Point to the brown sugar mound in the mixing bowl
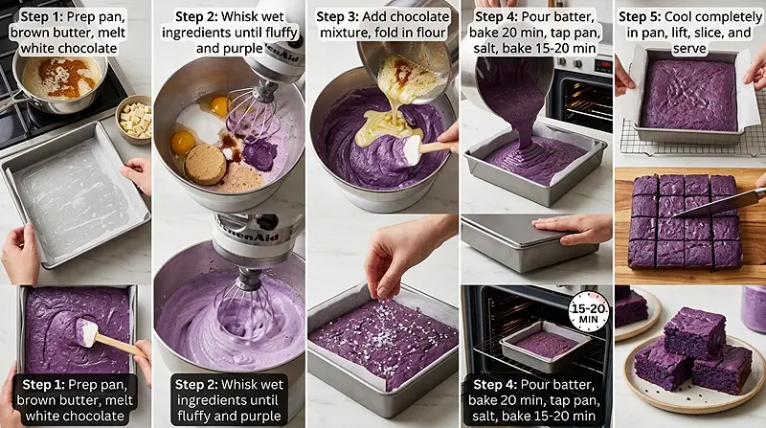point(205,164)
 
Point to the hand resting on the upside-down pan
point(575,228)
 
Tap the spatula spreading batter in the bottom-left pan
point(92,334)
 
